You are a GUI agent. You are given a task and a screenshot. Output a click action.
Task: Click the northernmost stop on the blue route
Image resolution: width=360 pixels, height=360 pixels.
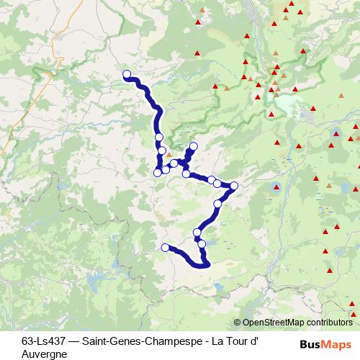[127, 73]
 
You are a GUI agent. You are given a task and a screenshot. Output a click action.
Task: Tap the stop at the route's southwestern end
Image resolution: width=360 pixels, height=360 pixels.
[165, 248]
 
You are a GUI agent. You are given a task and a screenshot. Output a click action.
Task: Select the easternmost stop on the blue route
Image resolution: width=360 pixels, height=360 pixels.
[233, 186]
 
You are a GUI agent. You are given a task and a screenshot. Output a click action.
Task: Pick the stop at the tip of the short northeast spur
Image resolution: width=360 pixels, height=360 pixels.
[193, 147]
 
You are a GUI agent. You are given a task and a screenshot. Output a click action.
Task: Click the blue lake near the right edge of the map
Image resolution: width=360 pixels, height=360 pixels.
[337, 133]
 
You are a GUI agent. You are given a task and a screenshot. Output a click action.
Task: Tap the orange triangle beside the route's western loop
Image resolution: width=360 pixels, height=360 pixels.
[168, 154]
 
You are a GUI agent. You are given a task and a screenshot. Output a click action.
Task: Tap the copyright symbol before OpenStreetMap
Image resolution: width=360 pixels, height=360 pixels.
[238, 323]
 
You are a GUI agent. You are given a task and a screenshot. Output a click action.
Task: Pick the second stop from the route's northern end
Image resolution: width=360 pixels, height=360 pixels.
[159, 138]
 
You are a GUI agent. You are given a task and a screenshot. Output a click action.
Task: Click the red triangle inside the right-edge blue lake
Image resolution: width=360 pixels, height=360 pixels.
[337, 133]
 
